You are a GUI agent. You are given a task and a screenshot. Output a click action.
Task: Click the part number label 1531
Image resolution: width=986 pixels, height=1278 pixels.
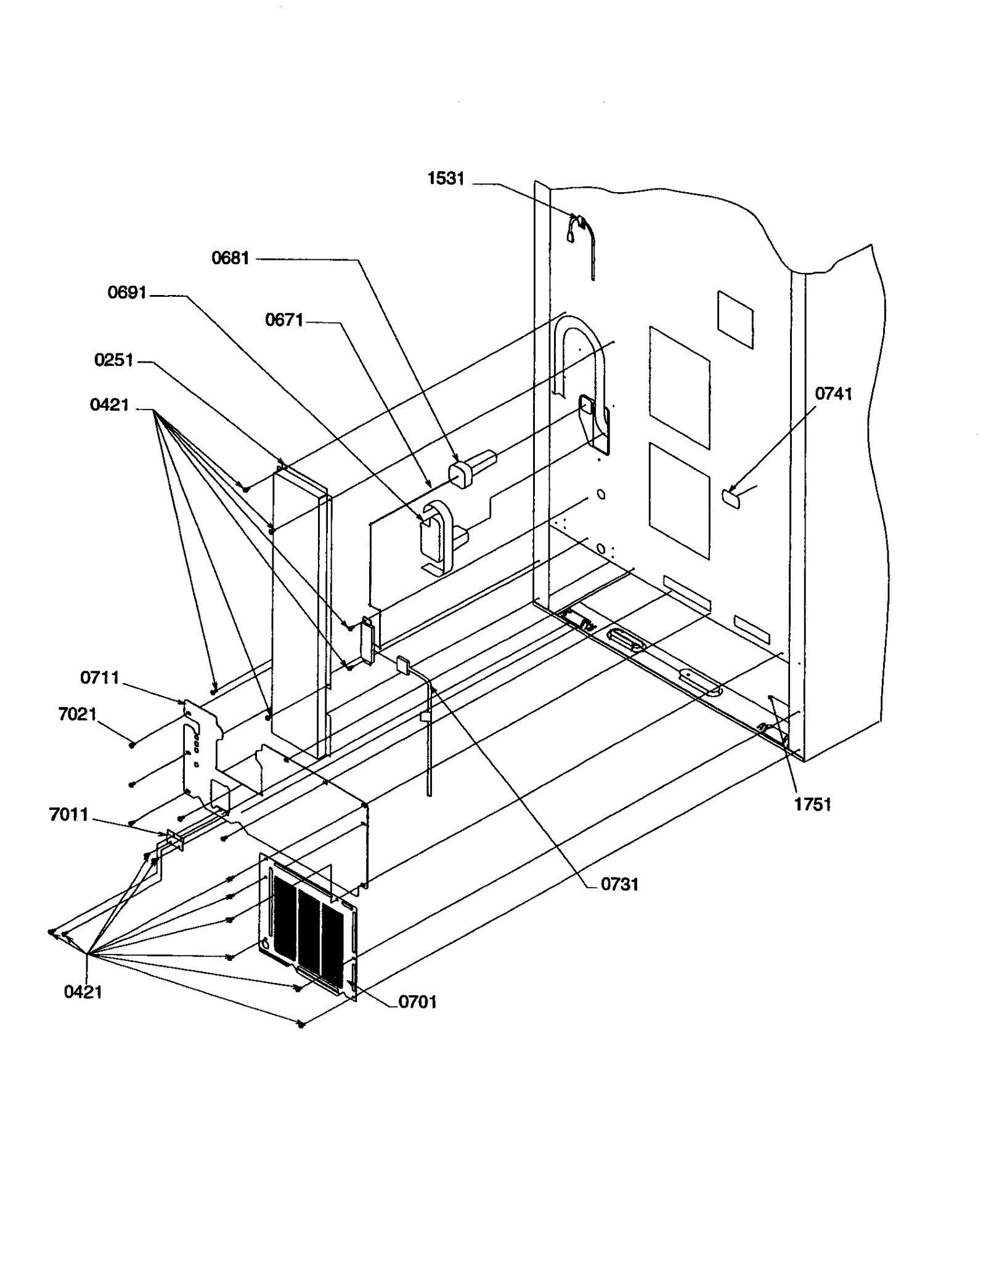[x=446, y=179]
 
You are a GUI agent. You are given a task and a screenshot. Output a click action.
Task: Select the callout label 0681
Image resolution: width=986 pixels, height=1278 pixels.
[x=230, y=258]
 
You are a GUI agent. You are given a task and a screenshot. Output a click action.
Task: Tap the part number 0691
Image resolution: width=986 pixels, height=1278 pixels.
[x=127, y=293]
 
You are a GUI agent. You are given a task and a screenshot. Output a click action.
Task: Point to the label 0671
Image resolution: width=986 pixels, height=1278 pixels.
[x=284, y=320]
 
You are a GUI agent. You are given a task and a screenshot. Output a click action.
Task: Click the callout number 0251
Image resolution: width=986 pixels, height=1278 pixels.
[x=114, y=360]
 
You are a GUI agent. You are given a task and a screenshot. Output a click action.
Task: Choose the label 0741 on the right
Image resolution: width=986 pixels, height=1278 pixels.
[x=833, y=394]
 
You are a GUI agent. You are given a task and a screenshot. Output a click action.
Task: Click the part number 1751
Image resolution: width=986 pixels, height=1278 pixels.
[x=812, y=804]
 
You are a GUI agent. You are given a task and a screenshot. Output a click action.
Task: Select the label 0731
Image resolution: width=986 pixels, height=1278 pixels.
[x=619, y=884]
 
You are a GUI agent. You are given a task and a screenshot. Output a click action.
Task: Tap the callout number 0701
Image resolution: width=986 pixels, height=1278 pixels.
[x=417, y=1002]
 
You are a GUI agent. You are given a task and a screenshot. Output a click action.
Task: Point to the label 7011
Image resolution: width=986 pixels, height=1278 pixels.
[x=68, y=815]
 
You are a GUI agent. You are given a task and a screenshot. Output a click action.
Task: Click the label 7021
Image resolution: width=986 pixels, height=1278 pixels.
[x=77, y=714]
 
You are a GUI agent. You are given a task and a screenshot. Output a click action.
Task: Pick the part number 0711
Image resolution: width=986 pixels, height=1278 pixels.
[x=100, y=678]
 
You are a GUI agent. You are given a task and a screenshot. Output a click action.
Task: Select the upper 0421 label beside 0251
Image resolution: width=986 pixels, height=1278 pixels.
[x=109, y=405]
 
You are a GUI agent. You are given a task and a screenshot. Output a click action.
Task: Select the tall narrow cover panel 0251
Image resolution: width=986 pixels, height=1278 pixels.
[x=296, y=610]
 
